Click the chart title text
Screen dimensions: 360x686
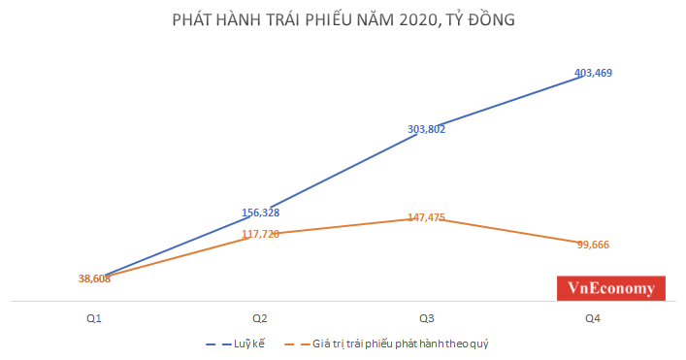[x=343, y=20]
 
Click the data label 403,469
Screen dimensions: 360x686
[x=593, y=72]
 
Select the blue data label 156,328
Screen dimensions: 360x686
[x=260, y=213]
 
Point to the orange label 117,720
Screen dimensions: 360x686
[x=260, y=234]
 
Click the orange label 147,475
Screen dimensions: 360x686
[x=427, y=217]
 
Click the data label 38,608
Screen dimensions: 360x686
[x=95, y=278]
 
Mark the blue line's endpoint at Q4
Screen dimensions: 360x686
[x=583, y=76]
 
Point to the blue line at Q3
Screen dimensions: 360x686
[x=418, y=134]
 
